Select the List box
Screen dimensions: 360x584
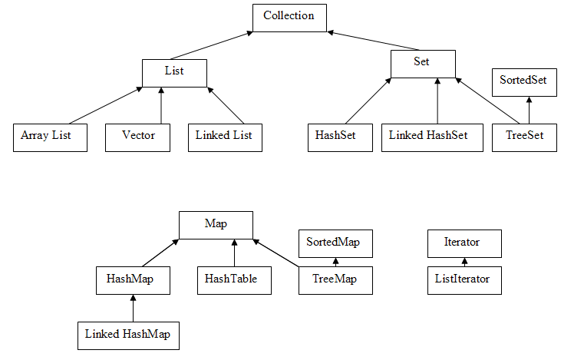pos(174,73)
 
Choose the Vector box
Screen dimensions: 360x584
pos(137,137)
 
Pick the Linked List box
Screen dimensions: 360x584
pos(223,137)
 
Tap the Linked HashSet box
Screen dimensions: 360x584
pos(437,137)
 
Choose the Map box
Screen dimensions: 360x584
pos(216,225)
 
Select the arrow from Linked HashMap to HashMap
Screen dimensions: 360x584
pos(133,308)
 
